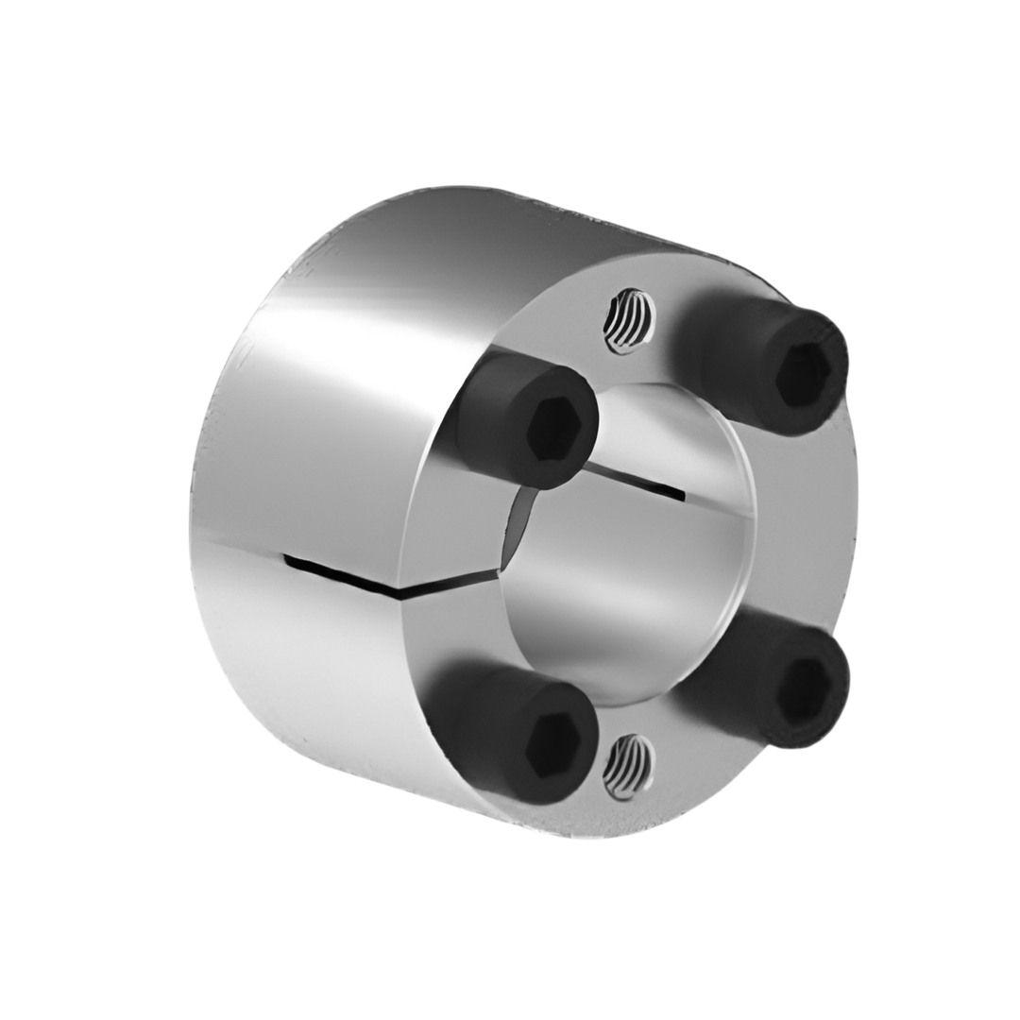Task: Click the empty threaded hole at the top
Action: click(629, 321)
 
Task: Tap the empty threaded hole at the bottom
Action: click(629, 765)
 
